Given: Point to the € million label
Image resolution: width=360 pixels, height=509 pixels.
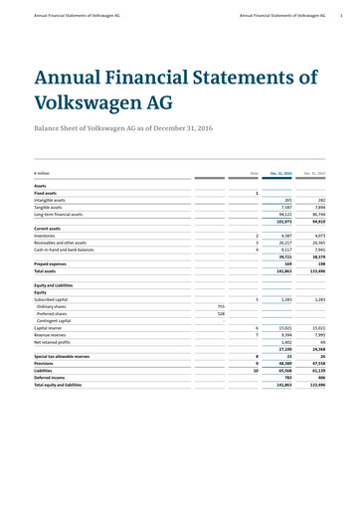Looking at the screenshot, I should click(x=45, y=174).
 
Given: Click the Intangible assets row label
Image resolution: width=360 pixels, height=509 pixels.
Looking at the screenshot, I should click(x=56, y=199).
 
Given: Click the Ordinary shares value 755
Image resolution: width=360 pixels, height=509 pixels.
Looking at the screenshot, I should click(x=222, y=306).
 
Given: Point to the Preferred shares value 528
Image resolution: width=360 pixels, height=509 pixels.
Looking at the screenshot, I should click(x=222, y=314).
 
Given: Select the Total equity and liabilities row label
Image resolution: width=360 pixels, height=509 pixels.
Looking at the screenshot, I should click(x=65, y=386).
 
